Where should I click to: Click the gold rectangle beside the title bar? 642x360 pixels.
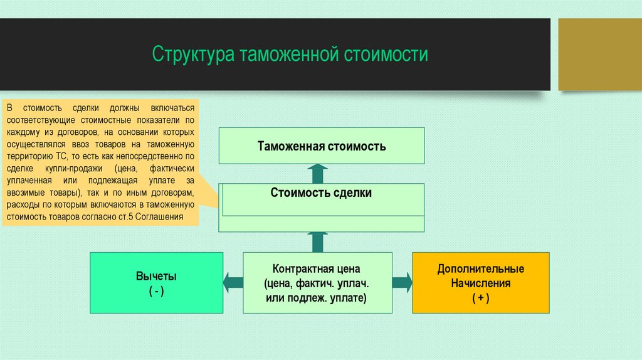pyautogui.click(x=599, y=54)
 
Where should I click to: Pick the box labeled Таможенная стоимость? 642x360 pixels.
pyautogui.click(x=322, y=146)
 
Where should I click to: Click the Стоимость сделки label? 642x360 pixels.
pyautogui.click(x=321, y=193)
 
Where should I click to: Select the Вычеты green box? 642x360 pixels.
pyautogui.click(x=156, y=282)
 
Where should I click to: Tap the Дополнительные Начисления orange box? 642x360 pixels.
pyautogui.click(x=480, y=282)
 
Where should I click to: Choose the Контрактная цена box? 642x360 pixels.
pyautogui.click(x=317, y=282)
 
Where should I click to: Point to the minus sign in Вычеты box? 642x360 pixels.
pyautogui.click(x=156, y=291)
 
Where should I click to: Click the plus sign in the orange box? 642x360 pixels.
pyautogui.click(x=480, y=299)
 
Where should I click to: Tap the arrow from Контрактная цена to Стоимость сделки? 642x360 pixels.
pyautogui.click(x=318, y=241)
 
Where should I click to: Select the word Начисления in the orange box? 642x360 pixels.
pyautogui.click(x=480, y=283)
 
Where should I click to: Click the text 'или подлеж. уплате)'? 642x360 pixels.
pyautogui.click(x=316, y=298)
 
